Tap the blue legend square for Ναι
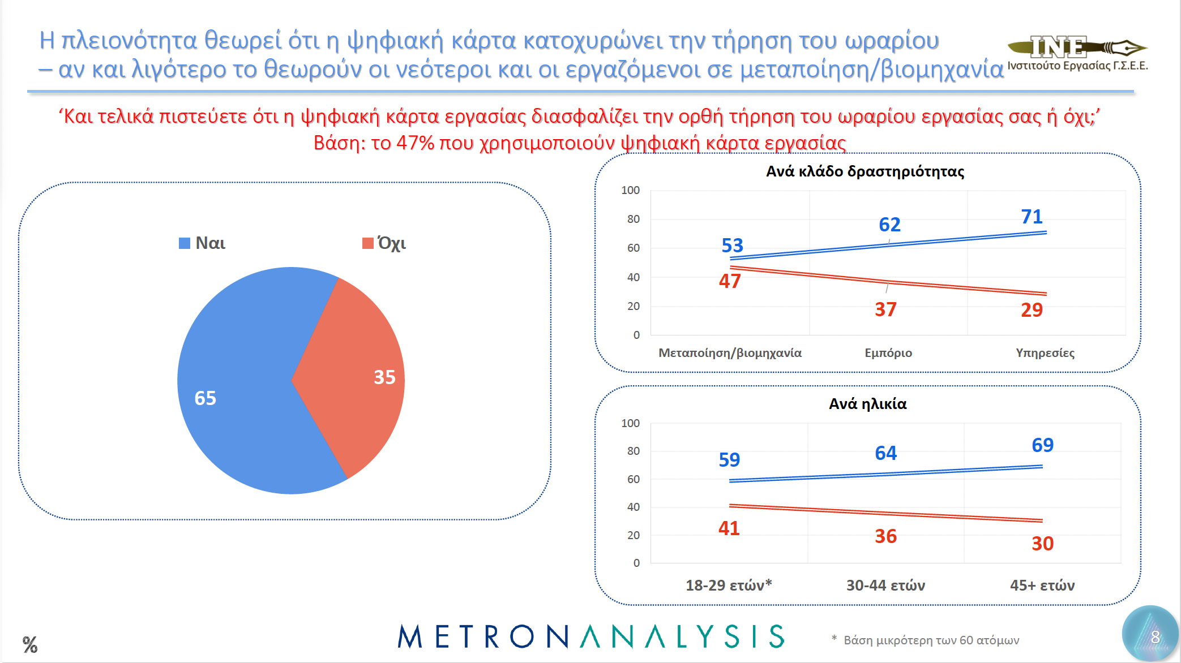(184, 243)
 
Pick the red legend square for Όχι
(367, 243)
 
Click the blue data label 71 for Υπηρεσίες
(1032, 217)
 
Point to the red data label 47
(730, 281)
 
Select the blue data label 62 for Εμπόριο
(889, 225)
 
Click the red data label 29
(1032, 310)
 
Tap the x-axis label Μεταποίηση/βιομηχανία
(730, 353)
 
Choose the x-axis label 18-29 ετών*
(729, 585)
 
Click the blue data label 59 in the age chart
(729, 460)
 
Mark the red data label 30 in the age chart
(1042, 544)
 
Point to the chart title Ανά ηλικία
(867, 404)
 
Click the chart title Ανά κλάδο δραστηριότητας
(865, 171)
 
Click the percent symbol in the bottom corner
(30, 644)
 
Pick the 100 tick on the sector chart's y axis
(630, 191)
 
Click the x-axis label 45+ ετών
(1042, 585)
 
